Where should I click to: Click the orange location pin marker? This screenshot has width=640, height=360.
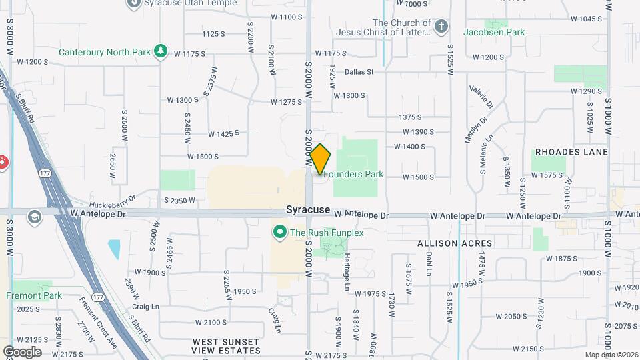tap(320, 159)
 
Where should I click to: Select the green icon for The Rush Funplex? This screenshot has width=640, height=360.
tap(279, 232)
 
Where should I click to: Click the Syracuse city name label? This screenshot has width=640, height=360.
tap(308, 209)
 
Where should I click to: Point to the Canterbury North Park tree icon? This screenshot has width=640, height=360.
tap(160, 51)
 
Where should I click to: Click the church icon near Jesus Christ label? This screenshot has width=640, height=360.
tap(440, 27)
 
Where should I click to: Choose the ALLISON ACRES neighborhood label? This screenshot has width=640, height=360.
tap(455, 244)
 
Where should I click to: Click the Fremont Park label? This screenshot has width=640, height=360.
tap(33, 295)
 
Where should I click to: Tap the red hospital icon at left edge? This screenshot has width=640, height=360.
tap(3, 162)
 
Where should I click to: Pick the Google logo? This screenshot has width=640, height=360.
tap(22, 351)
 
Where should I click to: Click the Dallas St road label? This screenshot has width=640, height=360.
tap(359, 71)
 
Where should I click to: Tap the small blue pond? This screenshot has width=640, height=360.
tap(114, 249)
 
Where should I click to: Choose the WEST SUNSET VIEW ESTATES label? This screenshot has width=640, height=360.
tap(226, 346)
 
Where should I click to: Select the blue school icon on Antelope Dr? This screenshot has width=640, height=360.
tap(35, 216)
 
